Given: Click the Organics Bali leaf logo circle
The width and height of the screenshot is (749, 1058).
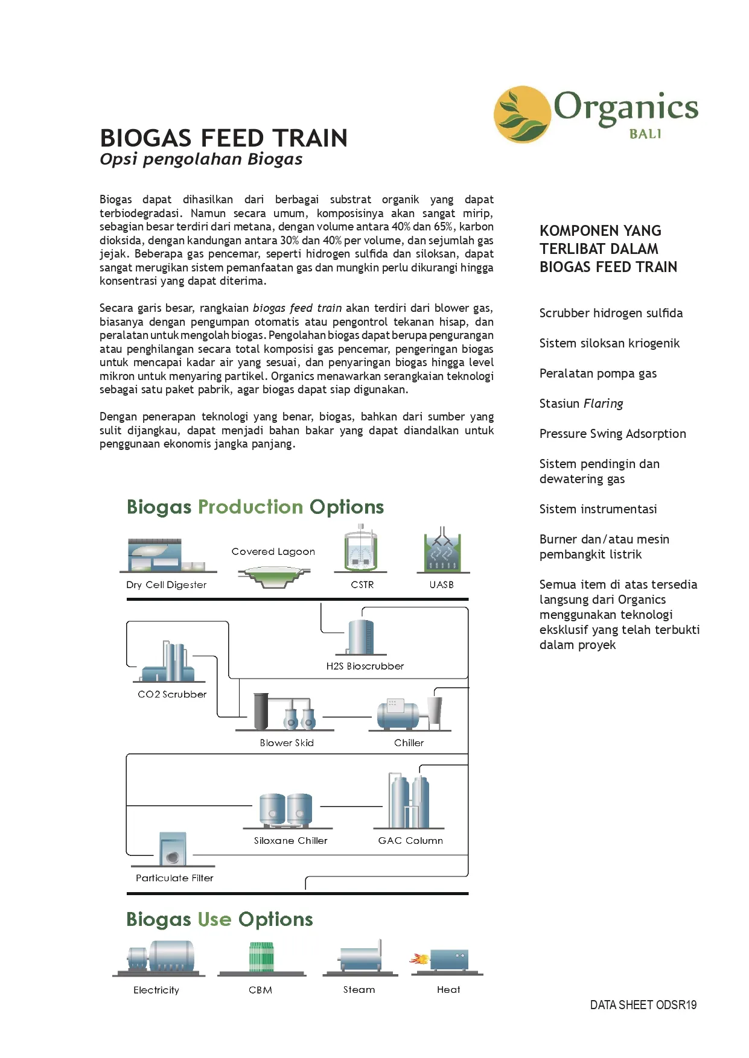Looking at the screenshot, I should tap(522, 115).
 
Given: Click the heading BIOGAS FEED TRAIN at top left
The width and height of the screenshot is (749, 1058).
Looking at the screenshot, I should tap(223, 138).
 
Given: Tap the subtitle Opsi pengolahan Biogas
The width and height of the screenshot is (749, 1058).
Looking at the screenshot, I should tap(201, 159).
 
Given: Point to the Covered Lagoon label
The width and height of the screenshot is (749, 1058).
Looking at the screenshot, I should tap(273, 551).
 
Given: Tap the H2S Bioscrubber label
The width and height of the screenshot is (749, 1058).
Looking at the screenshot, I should tap(365, 666).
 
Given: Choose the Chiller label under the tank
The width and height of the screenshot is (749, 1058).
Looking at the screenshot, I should tap(409, 743).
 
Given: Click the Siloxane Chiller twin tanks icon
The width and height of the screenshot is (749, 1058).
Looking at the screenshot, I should tap(285, 809).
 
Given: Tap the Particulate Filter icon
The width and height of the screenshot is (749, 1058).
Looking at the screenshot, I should tap(173, 849).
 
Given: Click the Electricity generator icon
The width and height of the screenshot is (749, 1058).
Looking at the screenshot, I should tap(161, 956).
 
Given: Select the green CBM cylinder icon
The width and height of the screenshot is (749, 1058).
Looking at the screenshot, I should tap(261, 957).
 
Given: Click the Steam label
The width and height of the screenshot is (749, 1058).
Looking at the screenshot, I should tap(359, 989).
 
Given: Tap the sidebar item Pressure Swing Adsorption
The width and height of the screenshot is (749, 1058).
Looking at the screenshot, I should tap(612, 434).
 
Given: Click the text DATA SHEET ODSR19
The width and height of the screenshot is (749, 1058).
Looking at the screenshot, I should tap(643, 1005).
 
